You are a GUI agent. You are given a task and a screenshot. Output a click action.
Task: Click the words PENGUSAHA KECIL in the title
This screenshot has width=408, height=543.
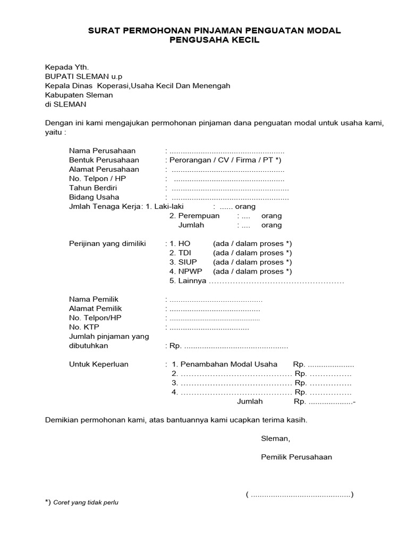point(214,41)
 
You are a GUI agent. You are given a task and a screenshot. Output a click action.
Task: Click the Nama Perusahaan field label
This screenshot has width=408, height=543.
point(102,151)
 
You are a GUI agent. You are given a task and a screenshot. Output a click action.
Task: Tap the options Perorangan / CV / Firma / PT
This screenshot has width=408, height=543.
point(225,160)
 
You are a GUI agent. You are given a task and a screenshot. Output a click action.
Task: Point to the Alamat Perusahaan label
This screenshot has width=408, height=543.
point(104,170)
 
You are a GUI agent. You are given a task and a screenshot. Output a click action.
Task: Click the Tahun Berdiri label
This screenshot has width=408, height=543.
point(93,188)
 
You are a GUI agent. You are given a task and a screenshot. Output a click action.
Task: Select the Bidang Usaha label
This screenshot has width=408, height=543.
point(93,197)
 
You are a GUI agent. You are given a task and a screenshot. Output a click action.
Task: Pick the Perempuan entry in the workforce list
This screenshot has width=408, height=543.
point(194,216)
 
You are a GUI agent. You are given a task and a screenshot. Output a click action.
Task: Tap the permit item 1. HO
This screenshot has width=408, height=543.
point(176,243)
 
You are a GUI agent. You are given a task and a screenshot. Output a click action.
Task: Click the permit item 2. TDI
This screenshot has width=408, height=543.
point(176,253)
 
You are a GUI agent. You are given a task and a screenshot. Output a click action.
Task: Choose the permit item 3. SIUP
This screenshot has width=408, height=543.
point(178,262)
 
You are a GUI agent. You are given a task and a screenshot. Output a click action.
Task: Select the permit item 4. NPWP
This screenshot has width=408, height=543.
point(180,271)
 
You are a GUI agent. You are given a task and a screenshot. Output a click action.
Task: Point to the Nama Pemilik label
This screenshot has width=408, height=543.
point(92,299)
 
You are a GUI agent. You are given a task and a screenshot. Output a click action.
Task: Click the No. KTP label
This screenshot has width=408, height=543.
point(84,327)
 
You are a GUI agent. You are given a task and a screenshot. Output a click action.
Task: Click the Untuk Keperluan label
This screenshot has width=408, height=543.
point(99,364)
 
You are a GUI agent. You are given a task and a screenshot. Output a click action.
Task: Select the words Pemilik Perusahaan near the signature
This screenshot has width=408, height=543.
point(296,457)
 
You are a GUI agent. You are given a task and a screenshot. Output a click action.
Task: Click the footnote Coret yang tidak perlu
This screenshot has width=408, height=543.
point(86,503)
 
